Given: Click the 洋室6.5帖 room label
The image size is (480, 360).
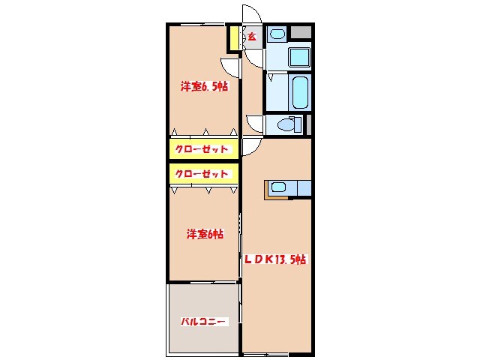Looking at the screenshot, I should pos(204,86).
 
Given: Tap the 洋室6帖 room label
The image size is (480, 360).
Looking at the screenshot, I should pos(205,234).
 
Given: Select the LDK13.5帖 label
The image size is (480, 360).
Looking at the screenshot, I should pos(274,259).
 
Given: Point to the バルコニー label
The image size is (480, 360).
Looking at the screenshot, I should pos(202,321).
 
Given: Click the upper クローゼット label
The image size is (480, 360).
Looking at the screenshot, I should pos(202,149).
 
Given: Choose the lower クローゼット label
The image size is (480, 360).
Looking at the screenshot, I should pos(202,174).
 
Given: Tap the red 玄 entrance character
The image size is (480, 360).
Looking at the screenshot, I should pos(252,36).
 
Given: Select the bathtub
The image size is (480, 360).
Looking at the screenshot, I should pos(300,91).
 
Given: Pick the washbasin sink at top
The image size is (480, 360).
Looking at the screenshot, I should pos(277,34).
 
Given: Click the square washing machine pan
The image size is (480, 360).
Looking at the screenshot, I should pos(300,56).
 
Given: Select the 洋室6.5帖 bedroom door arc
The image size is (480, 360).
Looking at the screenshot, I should pos(231,66).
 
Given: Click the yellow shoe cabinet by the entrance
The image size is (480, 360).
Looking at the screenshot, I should pos(234,38).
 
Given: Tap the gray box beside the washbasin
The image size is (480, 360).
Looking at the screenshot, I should pos(301,33).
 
